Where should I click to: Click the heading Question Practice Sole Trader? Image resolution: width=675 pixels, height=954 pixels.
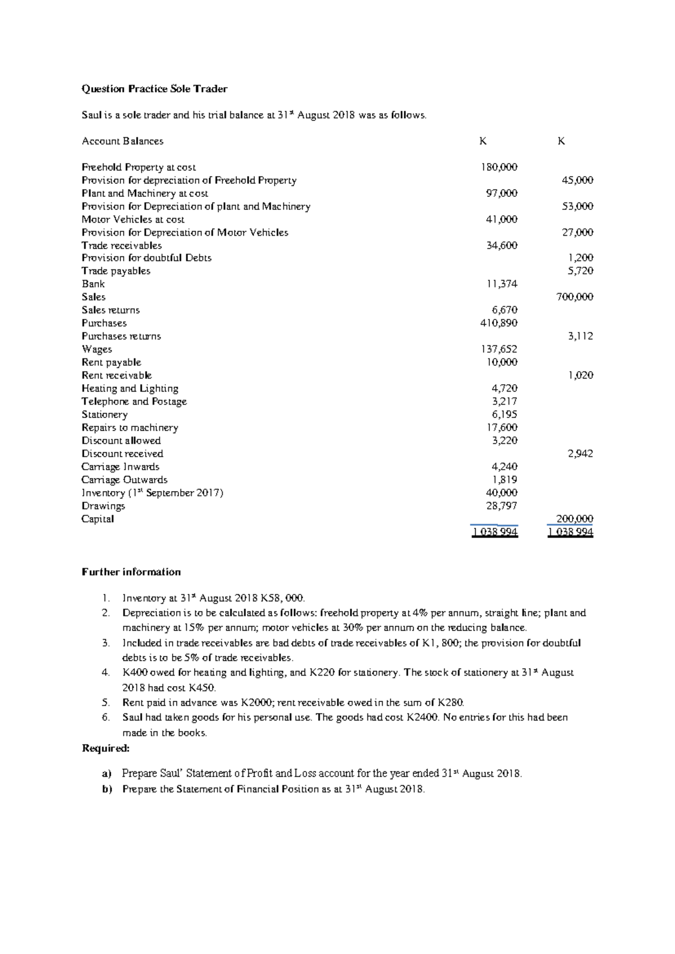coord(154,89)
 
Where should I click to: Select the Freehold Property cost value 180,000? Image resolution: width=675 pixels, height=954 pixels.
coord(499,167)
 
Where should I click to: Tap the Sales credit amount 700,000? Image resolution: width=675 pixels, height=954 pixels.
coord(574,297)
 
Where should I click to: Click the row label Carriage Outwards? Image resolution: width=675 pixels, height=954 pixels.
coord(124,480)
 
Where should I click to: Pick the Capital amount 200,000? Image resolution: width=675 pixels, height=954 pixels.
coord(574,519)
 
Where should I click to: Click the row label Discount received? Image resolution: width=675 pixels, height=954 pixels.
coord(122,453)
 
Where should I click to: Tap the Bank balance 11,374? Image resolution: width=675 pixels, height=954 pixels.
coord(501,284)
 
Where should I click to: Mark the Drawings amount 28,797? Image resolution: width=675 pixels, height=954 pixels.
coord(501,506)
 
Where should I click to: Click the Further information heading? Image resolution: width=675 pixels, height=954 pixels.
coord(131,572)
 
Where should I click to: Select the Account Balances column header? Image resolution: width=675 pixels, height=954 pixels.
coord(122,141)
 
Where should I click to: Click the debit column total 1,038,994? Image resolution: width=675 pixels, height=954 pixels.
coord(495,532)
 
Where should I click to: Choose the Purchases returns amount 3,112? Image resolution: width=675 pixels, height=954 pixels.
coord(580,336)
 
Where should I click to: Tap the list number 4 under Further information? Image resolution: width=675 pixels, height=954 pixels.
coord(105,673)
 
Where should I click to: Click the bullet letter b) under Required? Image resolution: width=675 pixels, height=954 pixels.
coord(107,789)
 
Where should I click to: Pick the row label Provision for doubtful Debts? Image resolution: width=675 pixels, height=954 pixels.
coord(146,258)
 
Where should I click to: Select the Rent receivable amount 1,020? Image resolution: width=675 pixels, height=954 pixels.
coord(580,375)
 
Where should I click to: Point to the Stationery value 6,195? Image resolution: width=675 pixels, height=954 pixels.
coord(505,415)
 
